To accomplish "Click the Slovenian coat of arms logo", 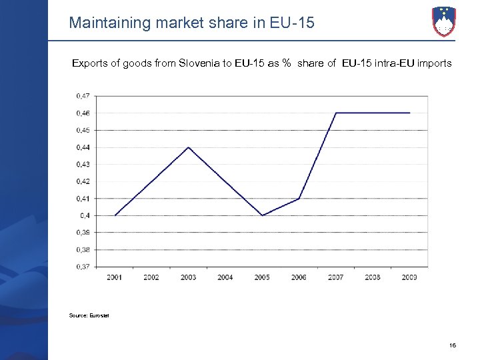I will tap(445, 21).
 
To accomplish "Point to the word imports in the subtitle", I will tap(433, 64).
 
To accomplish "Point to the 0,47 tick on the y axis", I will tap(83, 96).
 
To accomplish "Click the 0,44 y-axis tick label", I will tap(83, 147).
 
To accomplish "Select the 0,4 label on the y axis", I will tap(85, 215).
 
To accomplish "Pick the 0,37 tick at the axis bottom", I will tap(83, 267).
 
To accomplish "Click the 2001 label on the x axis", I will tap(115, 277).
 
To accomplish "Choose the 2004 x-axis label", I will tap(225, 277).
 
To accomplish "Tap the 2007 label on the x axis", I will tap(336, 277).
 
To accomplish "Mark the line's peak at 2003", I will tap(189, 147).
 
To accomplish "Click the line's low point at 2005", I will tap(263, 215).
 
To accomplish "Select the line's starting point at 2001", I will tap(115, 215).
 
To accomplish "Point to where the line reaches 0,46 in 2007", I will tap(336, 113).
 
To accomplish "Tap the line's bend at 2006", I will tap(299, 199).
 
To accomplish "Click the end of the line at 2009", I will tap(409, 113).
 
